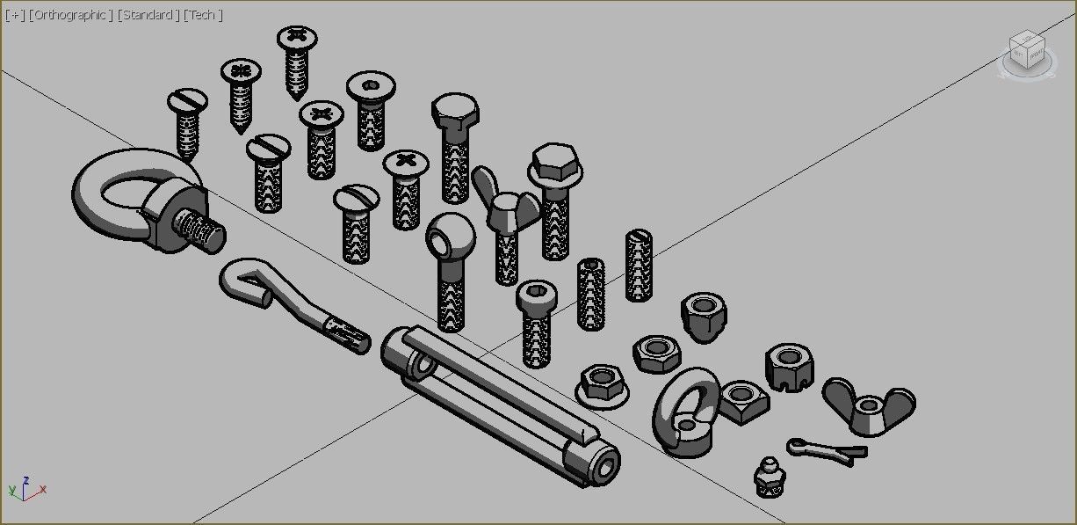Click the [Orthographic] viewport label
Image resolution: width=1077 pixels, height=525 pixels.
coord(70,16)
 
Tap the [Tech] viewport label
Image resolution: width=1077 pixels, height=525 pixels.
coord(203,16)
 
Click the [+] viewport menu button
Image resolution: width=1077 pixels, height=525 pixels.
coord(15,16)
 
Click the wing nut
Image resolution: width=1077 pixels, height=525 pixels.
coord(868,406)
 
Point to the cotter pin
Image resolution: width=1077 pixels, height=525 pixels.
coord(826,451)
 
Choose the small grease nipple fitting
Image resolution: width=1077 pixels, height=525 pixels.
coord(770,477)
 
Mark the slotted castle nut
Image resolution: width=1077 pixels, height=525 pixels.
coord(788,366)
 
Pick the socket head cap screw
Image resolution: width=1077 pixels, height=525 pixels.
coord(536,322)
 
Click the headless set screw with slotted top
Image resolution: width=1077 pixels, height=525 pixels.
coord(640,264)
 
